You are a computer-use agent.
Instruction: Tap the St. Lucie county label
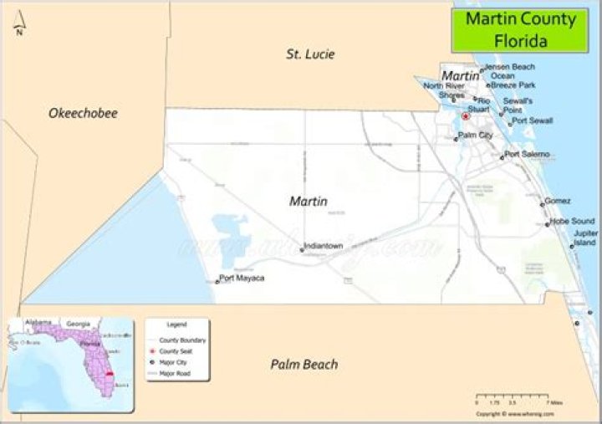[309, 54]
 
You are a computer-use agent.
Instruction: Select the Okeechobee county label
[83, 113]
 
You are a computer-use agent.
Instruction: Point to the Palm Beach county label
[304, 364]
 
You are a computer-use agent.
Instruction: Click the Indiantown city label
[324, 246]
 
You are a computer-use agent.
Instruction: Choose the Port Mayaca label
[242, 278]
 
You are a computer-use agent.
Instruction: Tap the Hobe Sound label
[572, 221]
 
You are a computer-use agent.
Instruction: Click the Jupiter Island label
[585, 238]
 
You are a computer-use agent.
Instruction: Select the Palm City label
[475, 135]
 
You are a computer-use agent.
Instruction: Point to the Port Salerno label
[527, 154]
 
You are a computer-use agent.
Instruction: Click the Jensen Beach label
[509, 66]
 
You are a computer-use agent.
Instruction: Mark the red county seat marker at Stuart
[466, 116]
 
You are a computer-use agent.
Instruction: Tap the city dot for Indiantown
[301, 248]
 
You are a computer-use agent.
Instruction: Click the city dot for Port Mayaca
[217, 281]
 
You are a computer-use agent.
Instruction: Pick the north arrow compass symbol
[18, 27]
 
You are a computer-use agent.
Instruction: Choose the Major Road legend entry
[176, 373]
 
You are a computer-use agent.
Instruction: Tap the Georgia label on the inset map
[79, 324]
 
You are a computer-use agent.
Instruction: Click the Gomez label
[558, 201]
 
